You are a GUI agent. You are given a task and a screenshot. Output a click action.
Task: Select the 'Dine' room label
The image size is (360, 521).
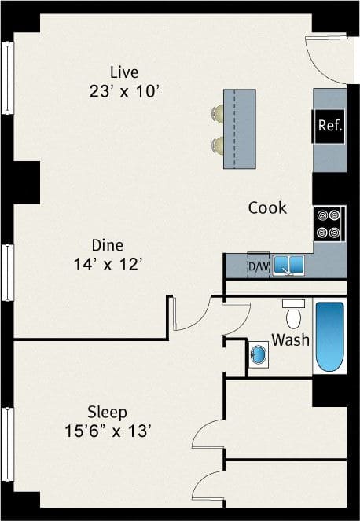[107, 245]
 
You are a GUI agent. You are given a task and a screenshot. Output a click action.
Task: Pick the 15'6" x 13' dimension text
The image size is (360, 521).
[107, 431]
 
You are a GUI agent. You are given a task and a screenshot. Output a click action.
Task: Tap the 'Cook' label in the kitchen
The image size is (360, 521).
[267, 208]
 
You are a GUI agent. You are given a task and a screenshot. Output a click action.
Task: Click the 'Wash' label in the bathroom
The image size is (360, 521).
[290, 340]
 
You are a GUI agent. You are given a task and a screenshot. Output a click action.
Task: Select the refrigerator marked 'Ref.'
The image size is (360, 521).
[329, 126]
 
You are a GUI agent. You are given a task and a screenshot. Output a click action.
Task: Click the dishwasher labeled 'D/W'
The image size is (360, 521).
[258, 266]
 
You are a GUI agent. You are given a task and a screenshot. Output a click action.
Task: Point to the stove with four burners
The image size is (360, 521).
[329, 222]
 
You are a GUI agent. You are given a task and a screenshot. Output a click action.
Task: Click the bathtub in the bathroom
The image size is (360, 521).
[329, 336]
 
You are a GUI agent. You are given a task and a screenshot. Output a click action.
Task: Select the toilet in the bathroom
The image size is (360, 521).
[293, 314]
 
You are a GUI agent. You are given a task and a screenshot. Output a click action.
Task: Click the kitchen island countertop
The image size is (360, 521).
[241, 128]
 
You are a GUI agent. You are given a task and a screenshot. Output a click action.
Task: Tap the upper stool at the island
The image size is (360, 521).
[218, 115]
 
